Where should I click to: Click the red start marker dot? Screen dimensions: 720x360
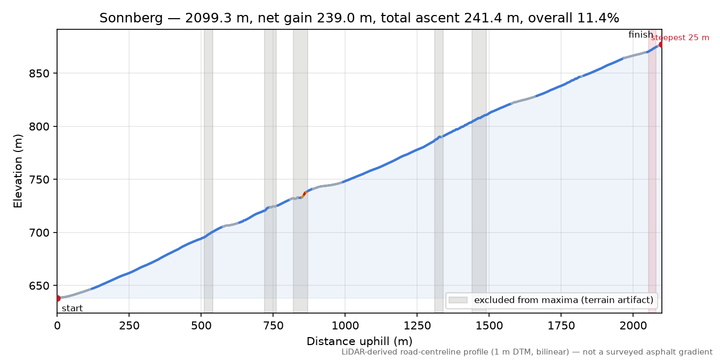58,298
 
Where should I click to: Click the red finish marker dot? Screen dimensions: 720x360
661,45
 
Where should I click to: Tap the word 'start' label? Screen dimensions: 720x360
73,309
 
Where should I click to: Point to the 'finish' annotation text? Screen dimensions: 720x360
641,35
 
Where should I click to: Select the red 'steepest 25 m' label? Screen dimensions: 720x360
680,38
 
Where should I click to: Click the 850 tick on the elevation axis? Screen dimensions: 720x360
39,74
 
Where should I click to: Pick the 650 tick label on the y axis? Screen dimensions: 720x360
39,286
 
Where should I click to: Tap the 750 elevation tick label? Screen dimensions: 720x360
39,180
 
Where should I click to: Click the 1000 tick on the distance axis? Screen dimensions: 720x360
345,326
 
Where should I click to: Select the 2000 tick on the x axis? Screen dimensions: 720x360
633,326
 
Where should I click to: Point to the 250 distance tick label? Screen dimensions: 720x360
129,326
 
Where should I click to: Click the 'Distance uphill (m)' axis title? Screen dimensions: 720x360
359,341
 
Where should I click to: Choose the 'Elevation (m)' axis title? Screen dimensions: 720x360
18,171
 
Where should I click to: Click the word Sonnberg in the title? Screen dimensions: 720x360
131,18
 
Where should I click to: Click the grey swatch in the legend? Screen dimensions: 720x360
458,300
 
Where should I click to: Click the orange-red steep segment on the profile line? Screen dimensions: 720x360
304,195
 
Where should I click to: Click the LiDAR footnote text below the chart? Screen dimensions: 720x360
527,353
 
